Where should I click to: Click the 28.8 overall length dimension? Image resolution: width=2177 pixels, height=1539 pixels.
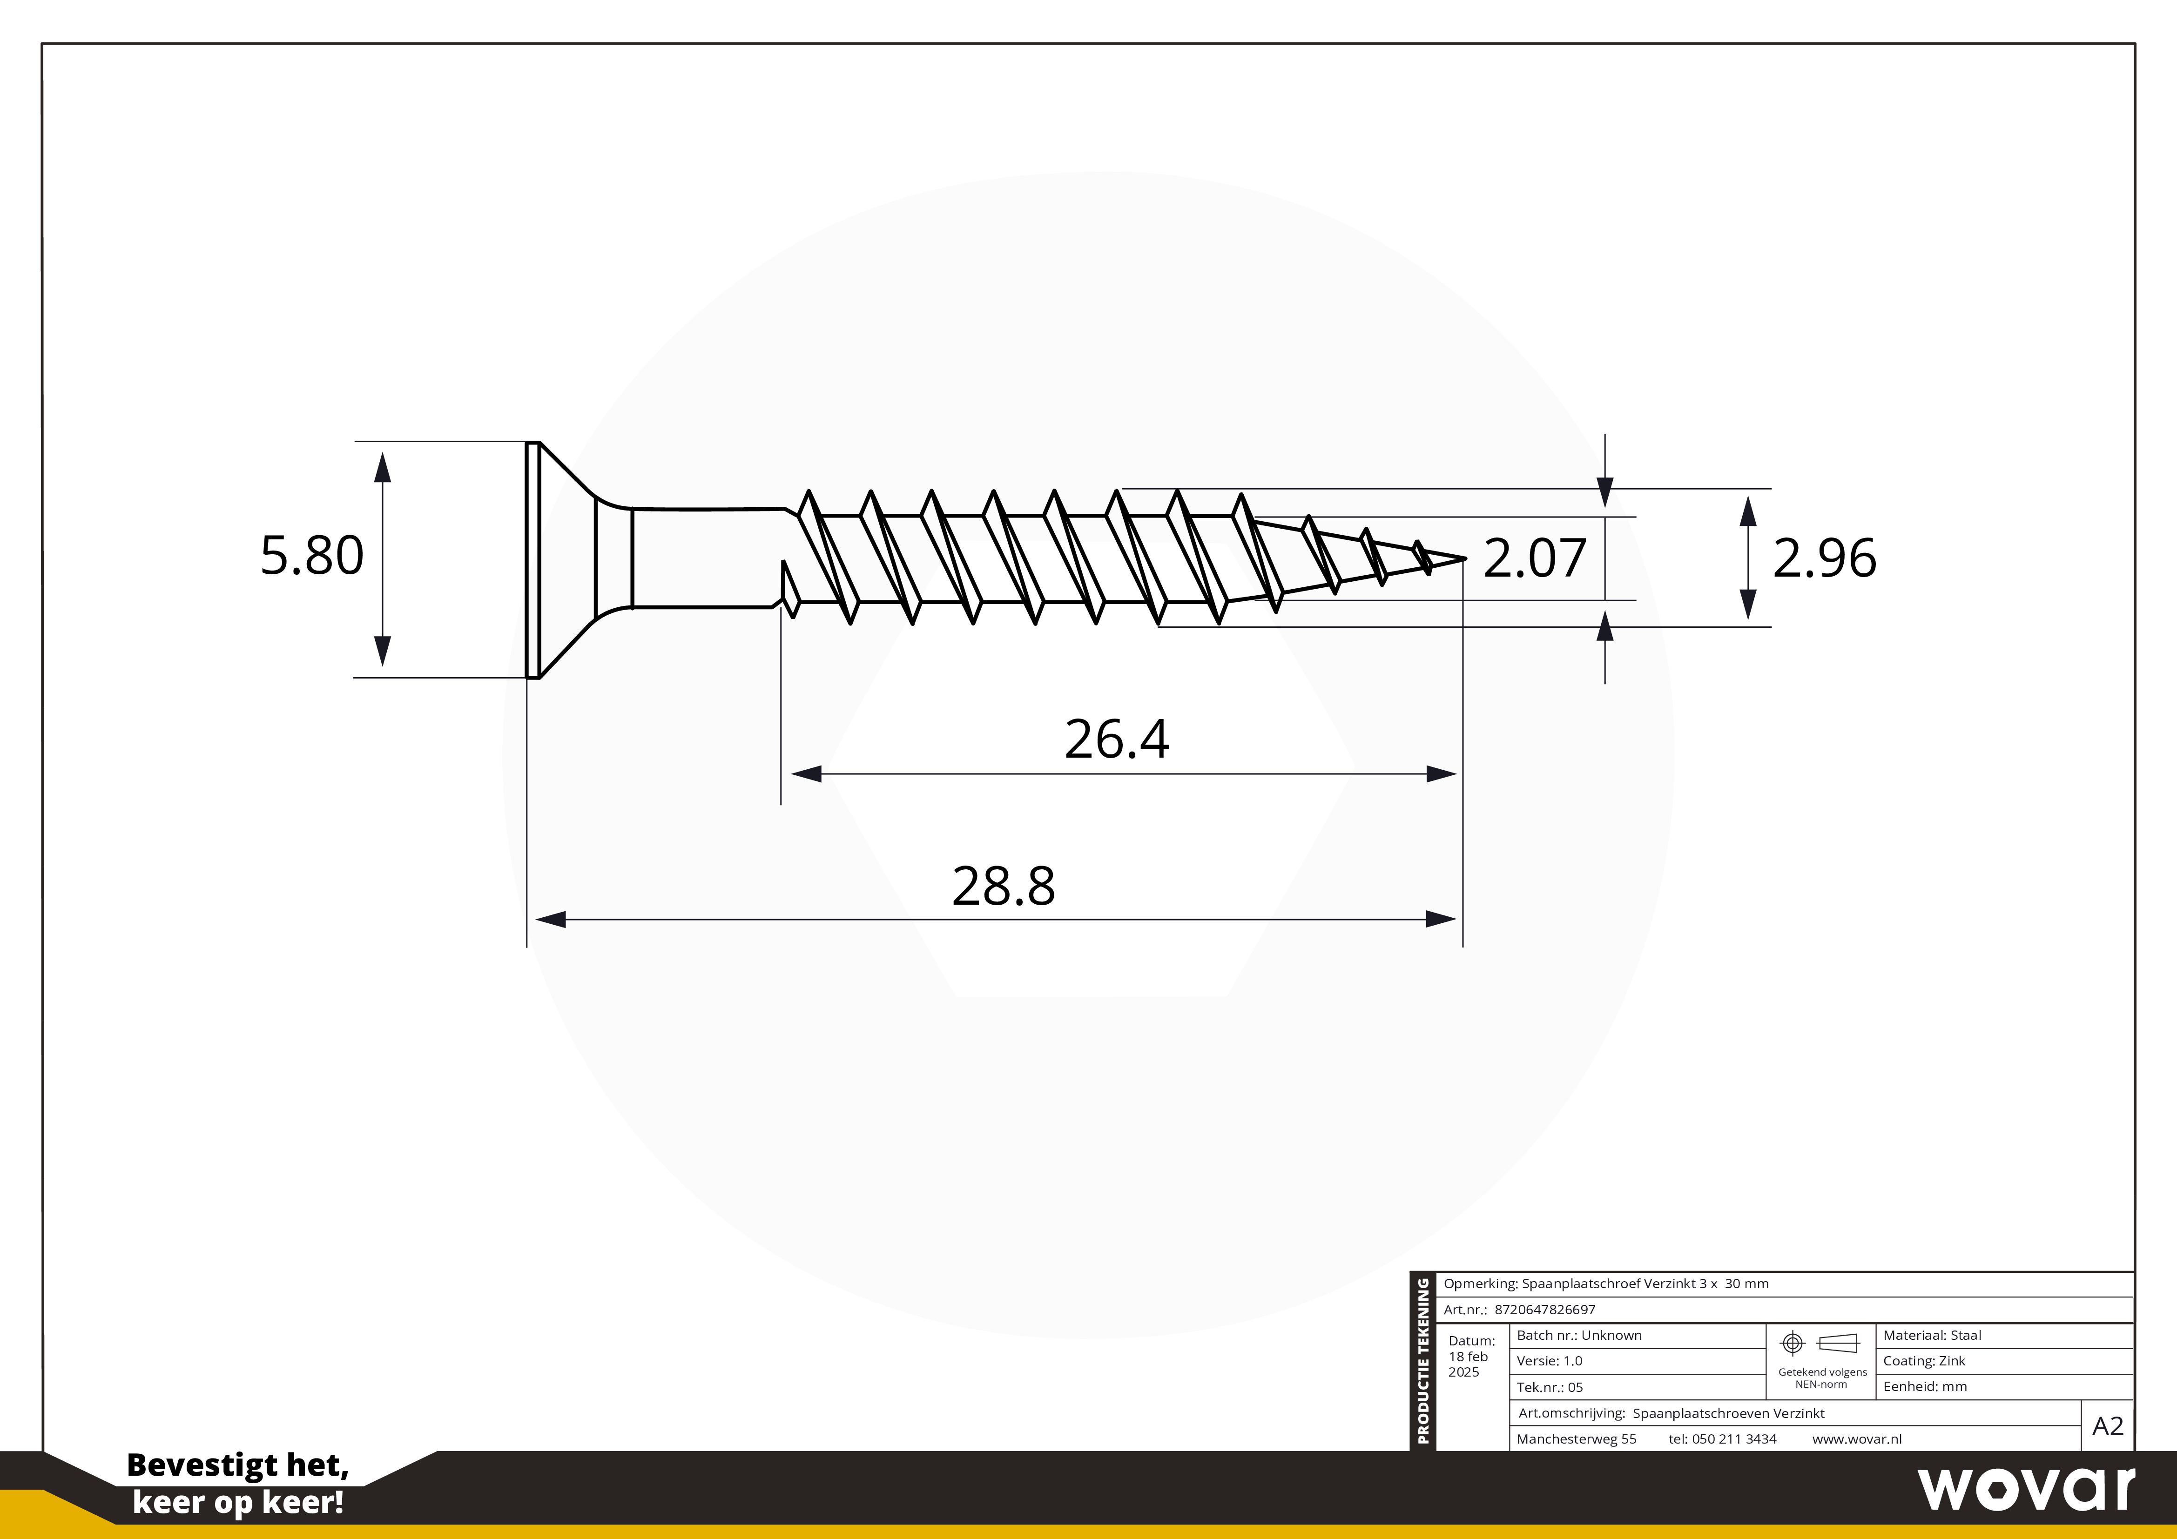click(1003, 886)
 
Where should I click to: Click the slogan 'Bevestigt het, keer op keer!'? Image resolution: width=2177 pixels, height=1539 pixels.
click(238, 1483)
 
